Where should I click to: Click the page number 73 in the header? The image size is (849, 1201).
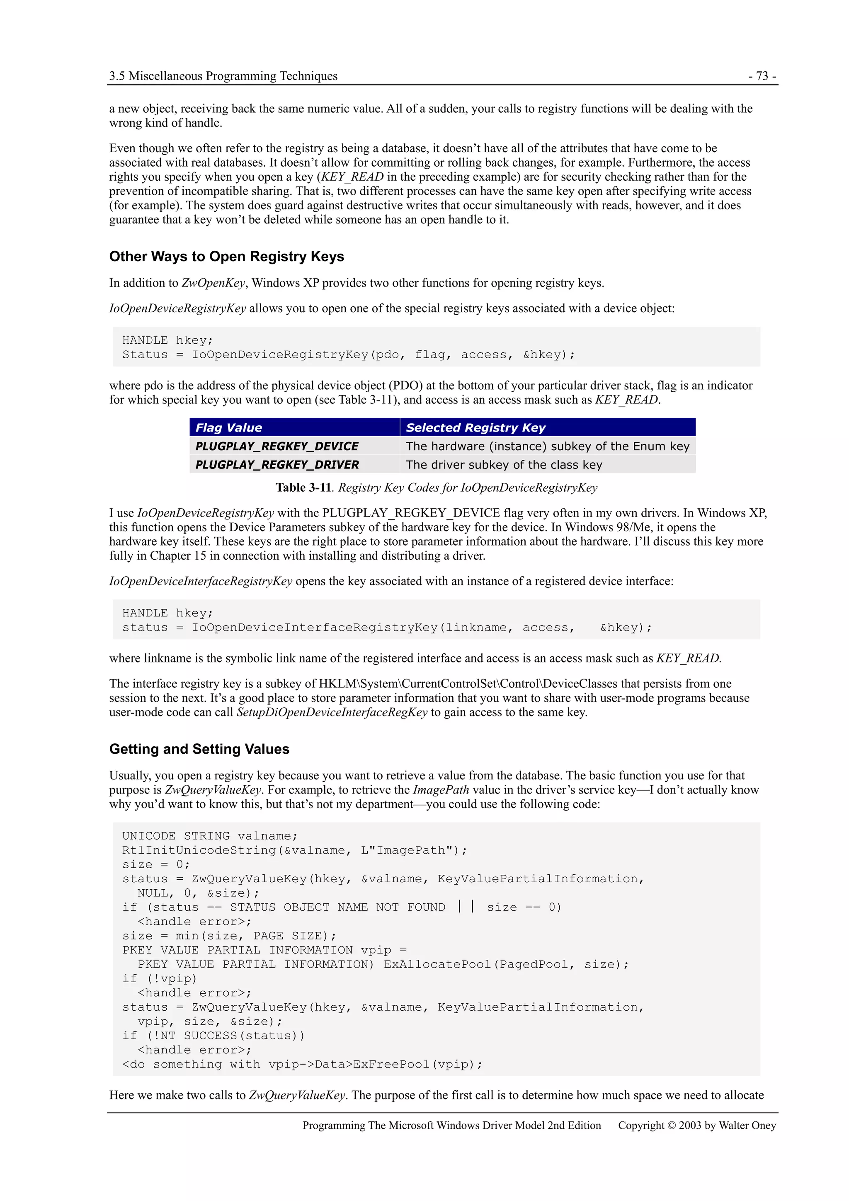762,76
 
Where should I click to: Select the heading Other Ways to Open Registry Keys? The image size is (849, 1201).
226,256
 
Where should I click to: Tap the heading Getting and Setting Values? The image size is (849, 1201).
199,749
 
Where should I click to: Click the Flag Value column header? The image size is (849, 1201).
228,427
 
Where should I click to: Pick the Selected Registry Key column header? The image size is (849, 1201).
475,427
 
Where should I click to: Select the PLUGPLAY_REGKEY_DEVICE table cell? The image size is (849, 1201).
277,446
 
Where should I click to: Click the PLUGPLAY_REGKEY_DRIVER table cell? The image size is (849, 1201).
277,464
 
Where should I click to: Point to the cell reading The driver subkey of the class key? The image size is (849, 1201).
504,464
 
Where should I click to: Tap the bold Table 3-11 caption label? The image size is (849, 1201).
303,488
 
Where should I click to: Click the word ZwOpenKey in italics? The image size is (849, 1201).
213,283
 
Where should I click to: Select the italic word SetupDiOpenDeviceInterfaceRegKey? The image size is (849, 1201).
332,713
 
